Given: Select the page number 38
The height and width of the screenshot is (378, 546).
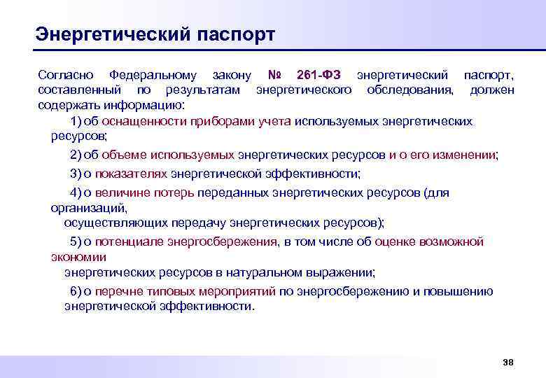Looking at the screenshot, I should pos(508,362).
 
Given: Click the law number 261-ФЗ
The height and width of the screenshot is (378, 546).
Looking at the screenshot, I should pos(318,75).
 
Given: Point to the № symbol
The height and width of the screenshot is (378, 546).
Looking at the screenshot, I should pos(276,75).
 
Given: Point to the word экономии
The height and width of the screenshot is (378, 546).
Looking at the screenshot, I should pos(78,257).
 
